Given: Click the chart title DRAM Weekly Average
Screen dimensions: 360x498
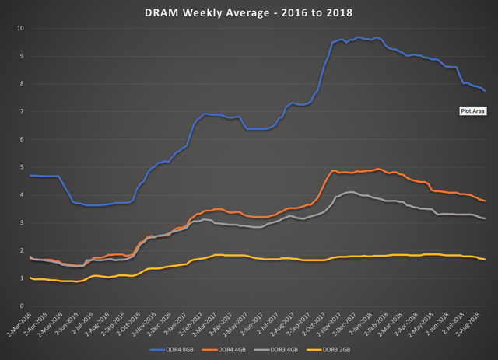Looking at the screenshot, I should coord(249,13).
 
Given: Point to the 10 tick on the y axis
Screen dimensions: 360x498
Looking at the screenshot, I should coord(21,28).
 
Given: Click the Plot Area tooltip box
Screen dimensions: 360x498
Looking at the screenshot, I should coord(473,111).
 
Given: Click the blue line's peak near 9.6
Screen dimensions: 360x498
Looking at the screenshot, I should coord(358,37).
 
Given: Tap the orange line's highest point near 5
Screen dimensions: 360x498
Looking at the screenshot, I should coord(378,169).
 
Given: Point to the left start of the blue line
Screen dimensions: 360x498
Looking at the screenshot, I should coord(30,176).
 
